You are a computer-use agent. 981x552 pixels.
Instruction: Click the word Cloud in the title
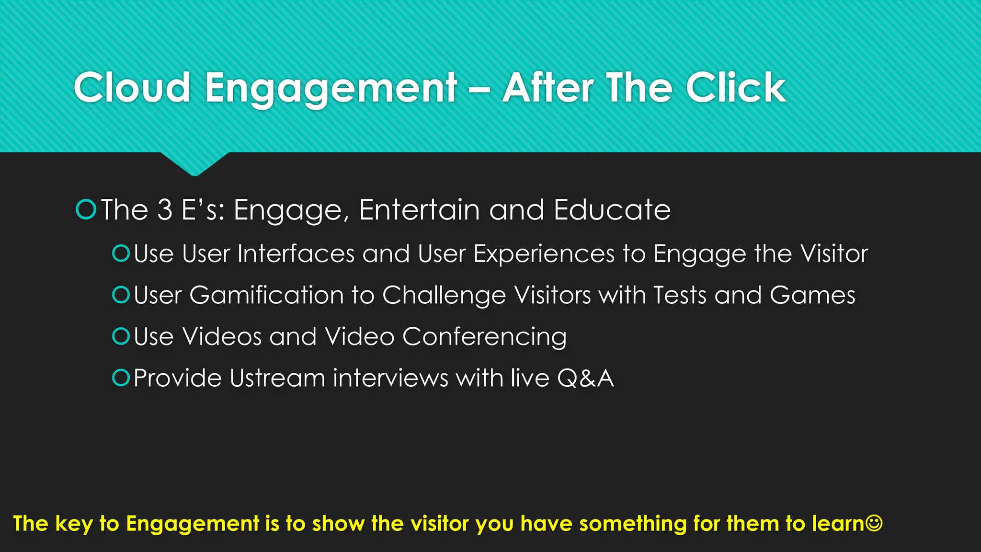(x=132, y=88)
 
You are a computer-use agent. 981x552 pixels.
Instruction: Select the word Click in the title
(x=736, y=88)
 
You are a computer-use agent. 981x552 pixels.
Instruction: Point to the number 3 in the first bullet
(x=165, y=210)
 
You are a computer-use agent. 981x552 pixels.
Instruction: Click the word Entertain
(x=420, y=210)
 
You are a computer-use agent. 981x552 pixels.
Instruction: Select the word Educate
(x=612, y=210)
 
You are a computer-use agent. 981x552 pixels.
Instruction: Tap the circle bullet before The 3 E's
(x=86, y=210)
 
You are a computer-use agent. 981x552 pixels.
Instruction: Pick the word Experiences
(x=544, y=254)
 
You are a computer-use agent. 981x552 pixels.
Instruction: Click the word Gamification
(x=266, y=295)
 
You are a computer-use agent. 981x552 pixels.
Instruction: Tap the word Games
(x=812, y=295)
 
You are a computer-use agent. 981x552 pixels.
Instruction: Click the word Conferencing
(x=484, y=337)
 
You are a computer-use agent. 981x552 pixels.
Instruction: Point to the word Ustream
(x=277, y=378)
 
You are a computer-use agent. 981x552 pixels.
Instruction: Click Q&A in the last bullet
(x=585, y=378)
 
